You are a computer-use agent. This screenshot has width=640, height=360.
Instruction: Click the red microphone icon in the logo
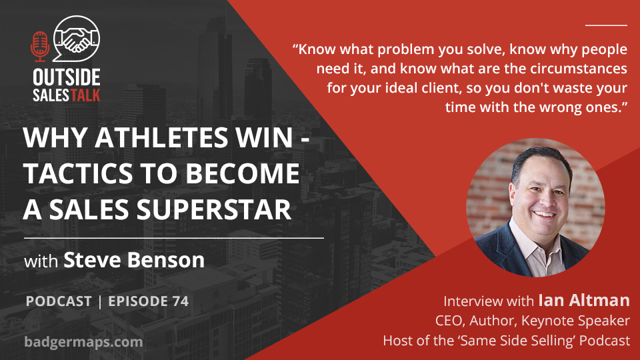(x=40, y=47)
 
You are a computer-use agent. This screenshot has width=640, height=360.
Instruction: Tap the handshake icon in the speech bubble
(x=77, y=39)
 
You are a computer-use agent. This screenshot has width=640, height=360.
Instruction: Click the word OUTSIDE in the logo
(x=67, y=77)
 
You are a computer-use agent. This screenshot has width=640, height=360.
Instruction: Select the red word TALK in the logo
(x=85, y=95)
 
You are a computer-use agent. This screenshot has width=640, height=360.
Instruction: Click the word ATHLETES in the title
(x=162, y=137)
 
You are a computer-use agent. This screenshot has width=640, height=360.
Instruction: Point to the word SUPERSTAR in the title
(x=214, y=209)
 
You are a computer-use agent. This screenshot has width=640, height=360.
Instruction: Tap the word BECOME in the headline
(x=243, y=173)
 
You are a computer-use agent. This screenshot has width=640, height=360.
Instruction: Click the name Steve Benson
(x=134, y=260)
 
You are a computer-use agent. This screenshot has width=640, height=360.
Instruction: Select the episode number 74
(x=181, y=301)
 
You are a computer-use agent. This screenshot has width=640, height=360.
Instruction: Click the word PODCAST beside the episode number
(x=59, y=301)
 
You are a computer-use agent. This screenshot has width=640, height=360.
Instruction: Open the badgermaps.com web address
(x=84, y=341)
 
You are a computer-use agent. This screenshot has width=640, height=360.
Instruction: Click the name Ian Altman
(x=584, y=301)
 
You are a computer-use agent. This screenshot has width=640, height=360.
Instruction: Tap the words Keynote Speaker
(x=575, y=321)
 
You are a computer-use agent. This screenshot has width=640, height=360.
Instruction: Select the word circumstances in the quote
(x=579, y=68)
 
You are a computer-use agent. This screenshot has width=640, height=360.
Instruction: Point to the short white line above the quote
(x=606, y=25)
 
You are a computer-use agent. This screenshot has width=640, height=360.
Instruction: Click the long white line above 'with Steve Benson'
(x=174, y=237)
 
